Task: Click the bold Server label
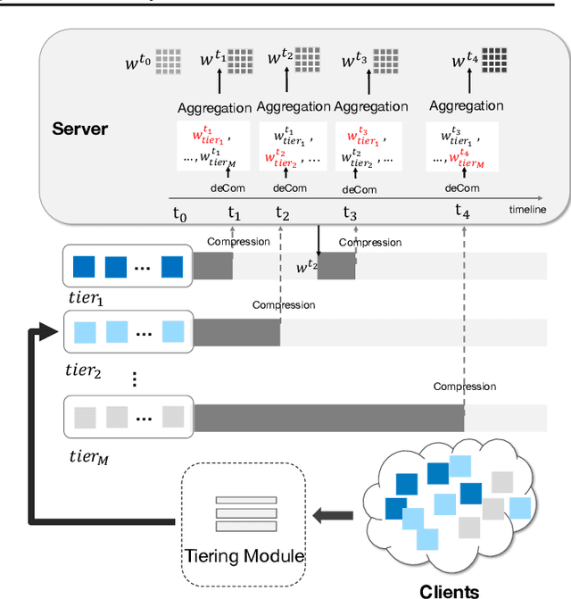coord(79,129)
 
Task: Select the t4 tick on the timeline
coord(462,211)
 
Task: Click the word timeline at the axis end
coord(528,210)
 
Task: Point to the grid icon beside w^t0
coord(168,62)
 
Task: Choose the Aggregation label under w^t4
coord(466,105)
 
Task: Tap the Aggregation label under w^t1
coord(215,107)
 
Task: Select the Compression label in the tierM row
coord(464,387)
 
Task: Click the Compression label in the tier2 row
coord(284,305)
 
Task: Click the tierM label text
coord(88,456)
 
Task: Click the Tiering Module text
coord(244,556)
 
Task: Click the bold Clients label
coord(449,590)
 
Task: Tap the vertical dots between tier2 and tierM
coord(134,379)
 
